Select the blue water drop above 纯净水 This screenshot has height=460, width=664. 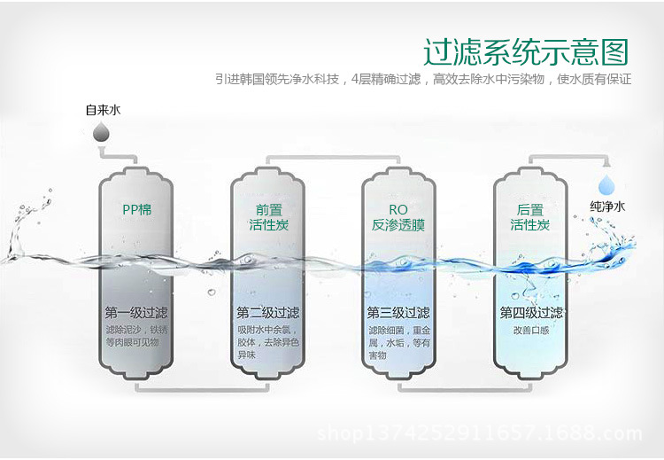point(606,184)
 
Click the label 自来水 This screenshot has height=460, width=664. point(103,111)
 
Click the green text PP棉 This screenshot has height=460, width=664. point(136,210)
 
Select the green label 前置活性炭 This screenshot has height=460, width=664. point(267,217)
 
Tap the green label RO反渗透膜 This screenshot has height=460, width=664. point(398,217)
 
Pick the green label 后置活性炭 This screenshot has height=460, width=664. point(529,217)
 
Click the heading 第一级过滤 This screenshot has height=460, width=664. point(136,313)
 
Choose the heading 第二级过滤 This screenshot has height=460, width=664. point(267,313)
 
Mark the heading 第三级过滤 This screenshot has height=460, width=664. point(398,313)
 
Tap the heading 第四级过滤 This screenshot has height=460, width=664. point(530,313)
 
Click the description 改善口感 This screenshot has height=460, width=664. point(529,330)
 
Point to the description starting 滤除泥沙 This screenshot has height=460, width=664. point(136,336)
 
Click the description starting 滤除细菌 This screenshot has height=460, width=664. point(398,342)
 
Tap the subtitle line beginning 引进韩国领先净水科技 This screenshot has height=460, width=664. point(423,79)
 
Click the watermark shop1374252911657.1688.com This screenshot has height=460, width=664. point(479,433)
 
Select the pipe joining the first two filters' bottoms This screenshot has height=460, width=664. point(202,388)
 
